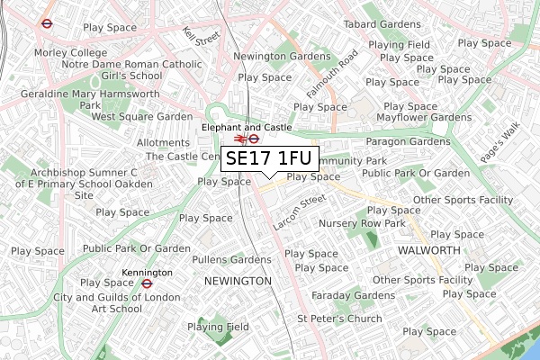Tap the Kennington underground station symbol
point(147,283)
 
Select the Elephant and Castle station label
point(247,128)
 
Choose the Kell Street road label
point(201,37)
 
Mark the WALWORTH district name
point(428,248)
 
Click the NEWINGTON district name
point(238,281)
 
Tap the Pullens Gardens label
point(231,260)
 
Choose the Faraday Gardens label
point(353,295)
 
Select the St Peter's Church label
point(339,319)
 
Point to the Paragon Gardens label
point(408,142)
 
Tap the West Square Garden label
point(141,117)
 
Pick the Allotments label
point(163,142)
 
